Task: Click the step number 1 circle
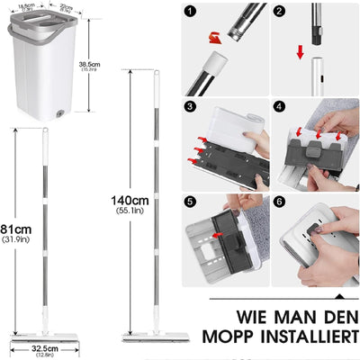(x=190, y=13)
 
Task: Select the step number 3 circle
(x=190, y=106)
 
